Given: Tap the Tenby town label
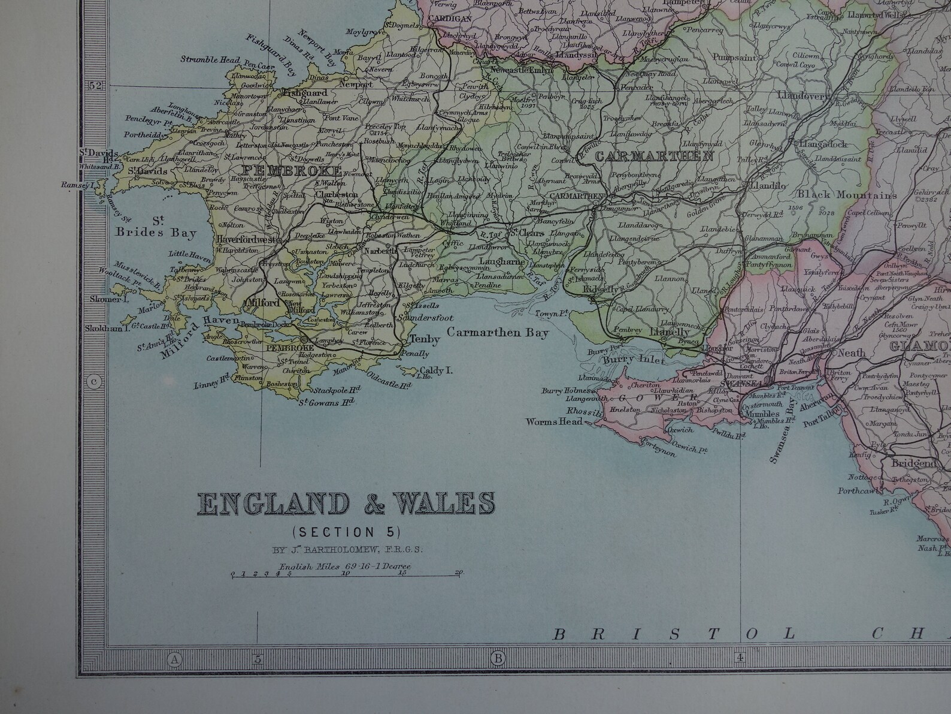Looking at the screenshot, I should [x=424, y=339].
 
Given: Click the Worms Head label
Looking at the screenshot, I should [x=554, y=421].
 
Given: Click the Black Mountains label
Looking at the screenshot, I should [x=847, y=195].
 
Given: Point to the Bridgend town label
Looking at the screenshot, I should [x=913, y=463].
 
